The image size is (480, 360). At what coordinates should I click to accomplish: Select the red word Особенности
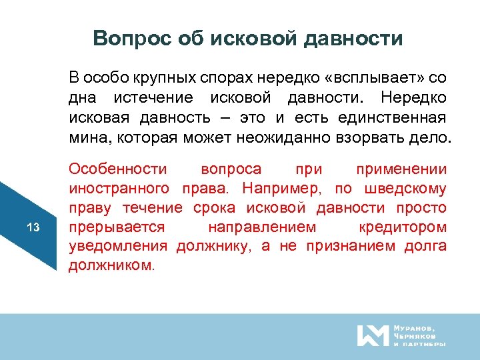click(x=119, y=169)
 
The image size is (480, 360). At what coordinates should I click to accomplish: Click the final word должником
click(x=111, y=266)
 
